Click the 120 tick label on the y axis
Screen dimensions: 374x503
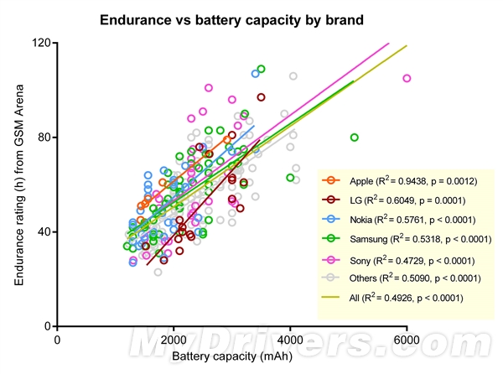(40, 43)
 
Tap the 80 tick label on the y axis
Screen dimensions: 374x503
(44, 137)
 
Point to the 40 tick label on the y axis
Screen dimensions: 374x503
(44, 231)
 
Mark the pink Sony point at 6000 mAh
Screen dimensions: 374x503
(407, 78)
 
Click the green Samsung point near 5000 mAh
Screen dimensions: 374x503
(354, 138)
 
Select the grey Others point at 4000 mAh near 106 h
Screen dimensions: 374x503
(293, 76)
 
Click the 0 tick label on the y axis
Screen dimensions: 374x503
(48, 326)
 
